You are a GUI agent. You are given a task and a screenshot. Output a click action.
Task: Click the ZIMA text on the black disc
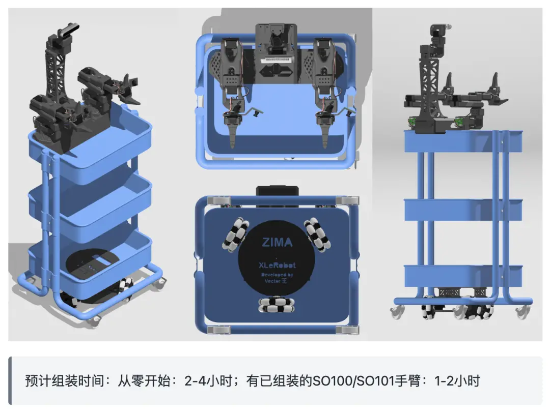(277, 242)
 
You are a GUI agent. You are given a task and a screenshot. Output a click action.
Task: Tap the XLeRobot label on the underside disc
(277, 265)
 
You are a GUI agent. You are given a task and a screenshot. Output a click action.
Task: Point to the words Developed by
(277, 275)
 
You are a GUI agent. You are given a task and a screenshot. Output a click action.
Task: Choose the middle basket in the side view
(463, 209)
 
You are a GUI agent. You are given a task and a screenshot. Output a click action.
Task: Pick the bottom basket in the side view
(463, 275)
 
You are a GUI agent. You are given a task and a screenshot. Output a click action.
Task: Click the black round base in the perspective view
(92, 264)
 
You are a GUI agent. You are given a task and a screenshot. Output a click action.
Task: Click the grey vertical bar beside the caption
(10, 380)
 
